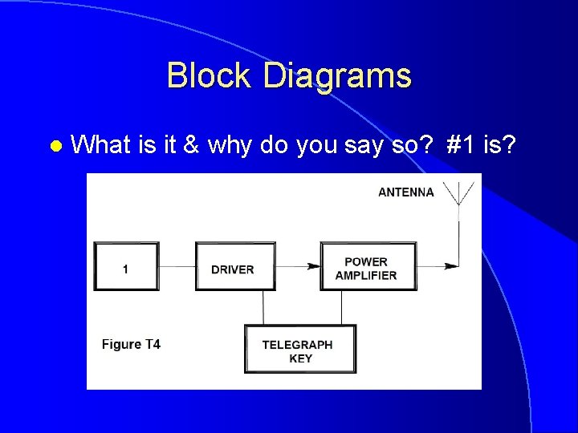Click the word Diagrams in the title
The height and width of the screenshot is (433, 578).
pos(336,76)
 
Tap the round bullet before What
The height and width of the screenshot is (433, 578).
pos(55,147)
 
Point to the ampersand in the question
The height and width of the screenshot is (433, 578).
pos(191,145)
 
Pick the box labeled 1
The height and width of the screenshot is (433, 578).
pos(126,267)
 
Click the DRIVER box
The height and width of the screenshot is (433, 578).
pos(234,267)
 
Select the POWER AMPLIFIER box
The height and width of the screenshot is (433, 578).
pos(368,267)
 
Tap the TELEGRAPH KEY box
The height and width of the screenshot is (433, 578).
pos(299,350)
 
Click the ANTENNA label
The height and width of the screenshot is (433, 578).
pos(405,192)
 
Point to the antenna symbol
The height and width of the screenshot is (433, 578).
pos(459,197)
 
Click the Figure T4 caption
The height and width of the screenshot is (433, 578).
pos(131,345)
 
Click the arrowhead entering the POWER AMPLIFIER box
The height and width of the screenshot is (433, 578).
pos(316,266)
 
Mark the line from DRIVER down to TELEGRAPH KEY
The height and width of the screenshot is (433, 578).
pos(263,308)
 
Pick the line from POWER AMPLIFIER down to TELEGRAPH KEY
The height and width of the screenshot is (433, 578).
pos(342,308)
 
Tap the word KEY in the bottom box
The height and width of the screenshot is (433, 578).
pos(300,358)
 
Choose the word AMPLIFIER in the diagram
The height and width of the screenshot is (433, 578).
pos(366,275)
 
